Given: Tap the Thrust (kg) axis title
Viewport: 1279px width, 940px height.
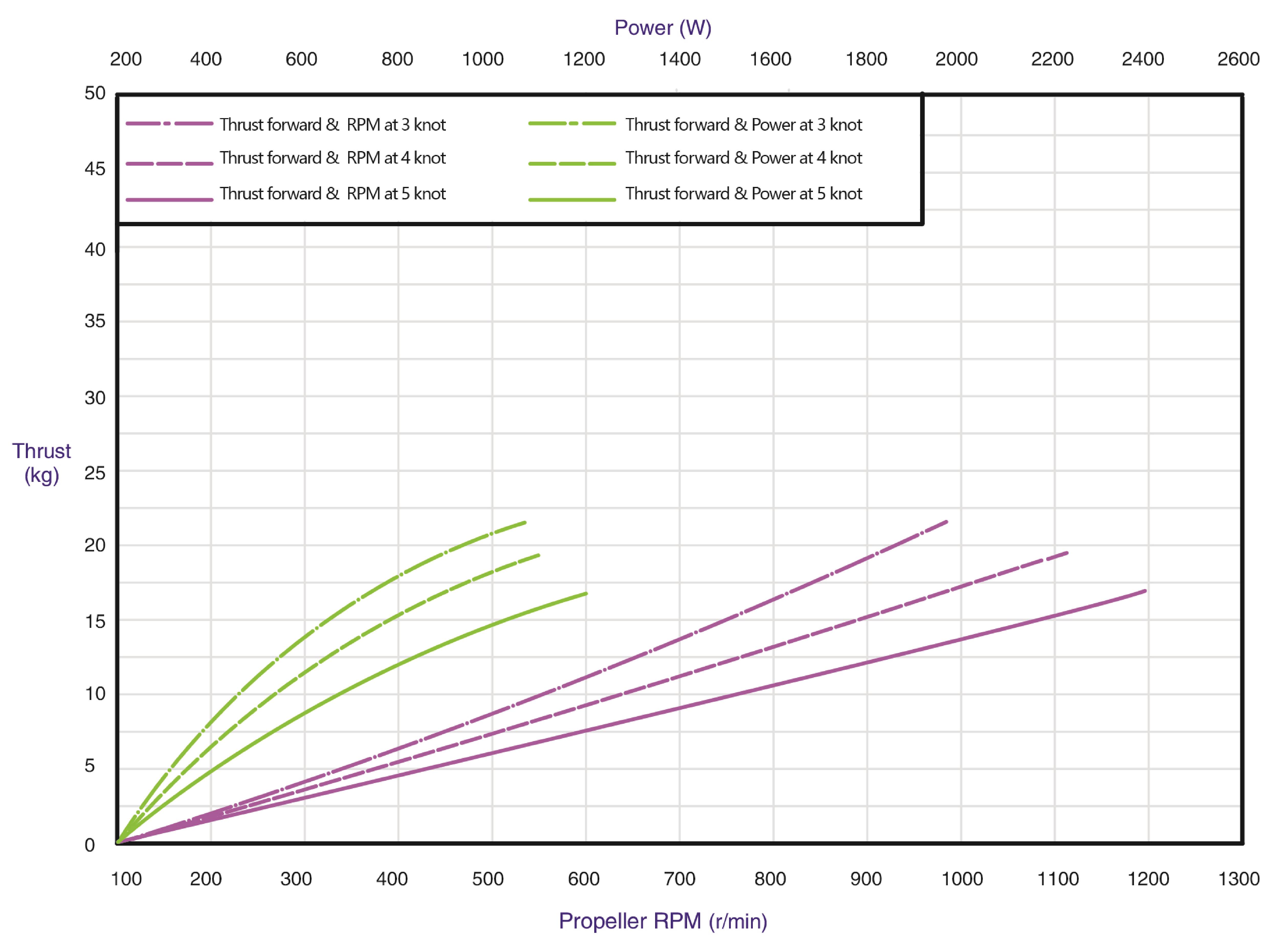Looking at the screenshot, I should click(x=41, y=463).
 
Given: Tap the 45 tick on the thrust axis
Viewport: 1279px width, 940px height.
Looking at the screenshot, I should click(x=95, y=169).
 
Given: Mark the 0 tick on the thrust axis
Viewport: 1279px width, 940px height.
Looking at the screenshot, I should click(x=90, y=844).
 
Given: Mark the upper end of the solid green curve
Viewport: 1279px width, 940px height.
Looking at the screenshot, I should click(x=586, y=593).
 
